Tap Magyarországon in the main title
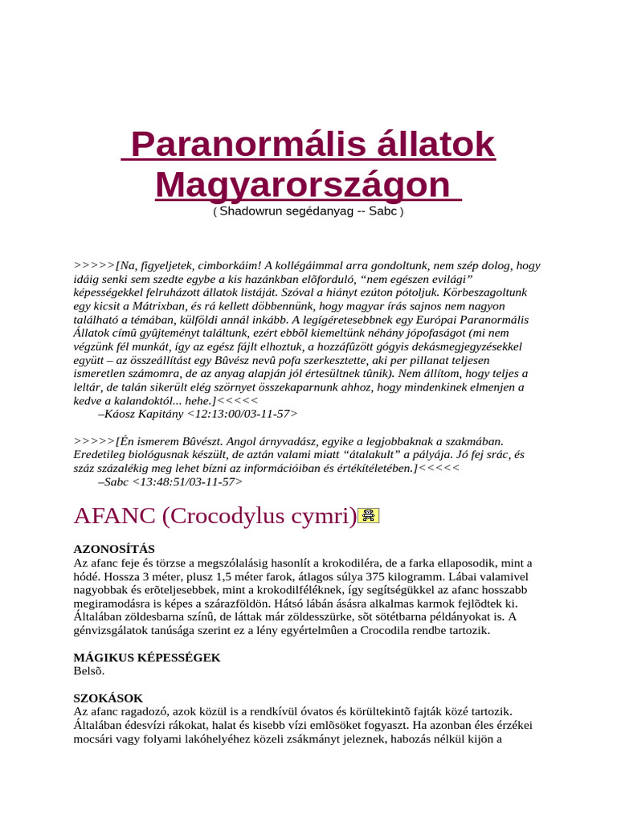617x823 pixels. (302, 185)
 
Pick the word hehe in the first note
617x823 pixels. (194, 400)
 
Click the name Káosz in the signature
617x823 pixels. (125, 414)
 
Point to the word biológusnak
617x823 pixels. (161, 455)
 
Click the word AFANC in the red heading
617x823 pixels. (114, 516)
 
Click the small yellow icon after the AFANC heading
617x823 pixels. (369, 516)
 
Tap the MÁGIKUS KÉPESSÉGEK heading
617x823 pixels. (147, 657)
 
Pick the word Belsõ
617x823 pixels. (89, 671)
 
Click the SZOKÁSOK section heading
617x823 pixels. (108, 698)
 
